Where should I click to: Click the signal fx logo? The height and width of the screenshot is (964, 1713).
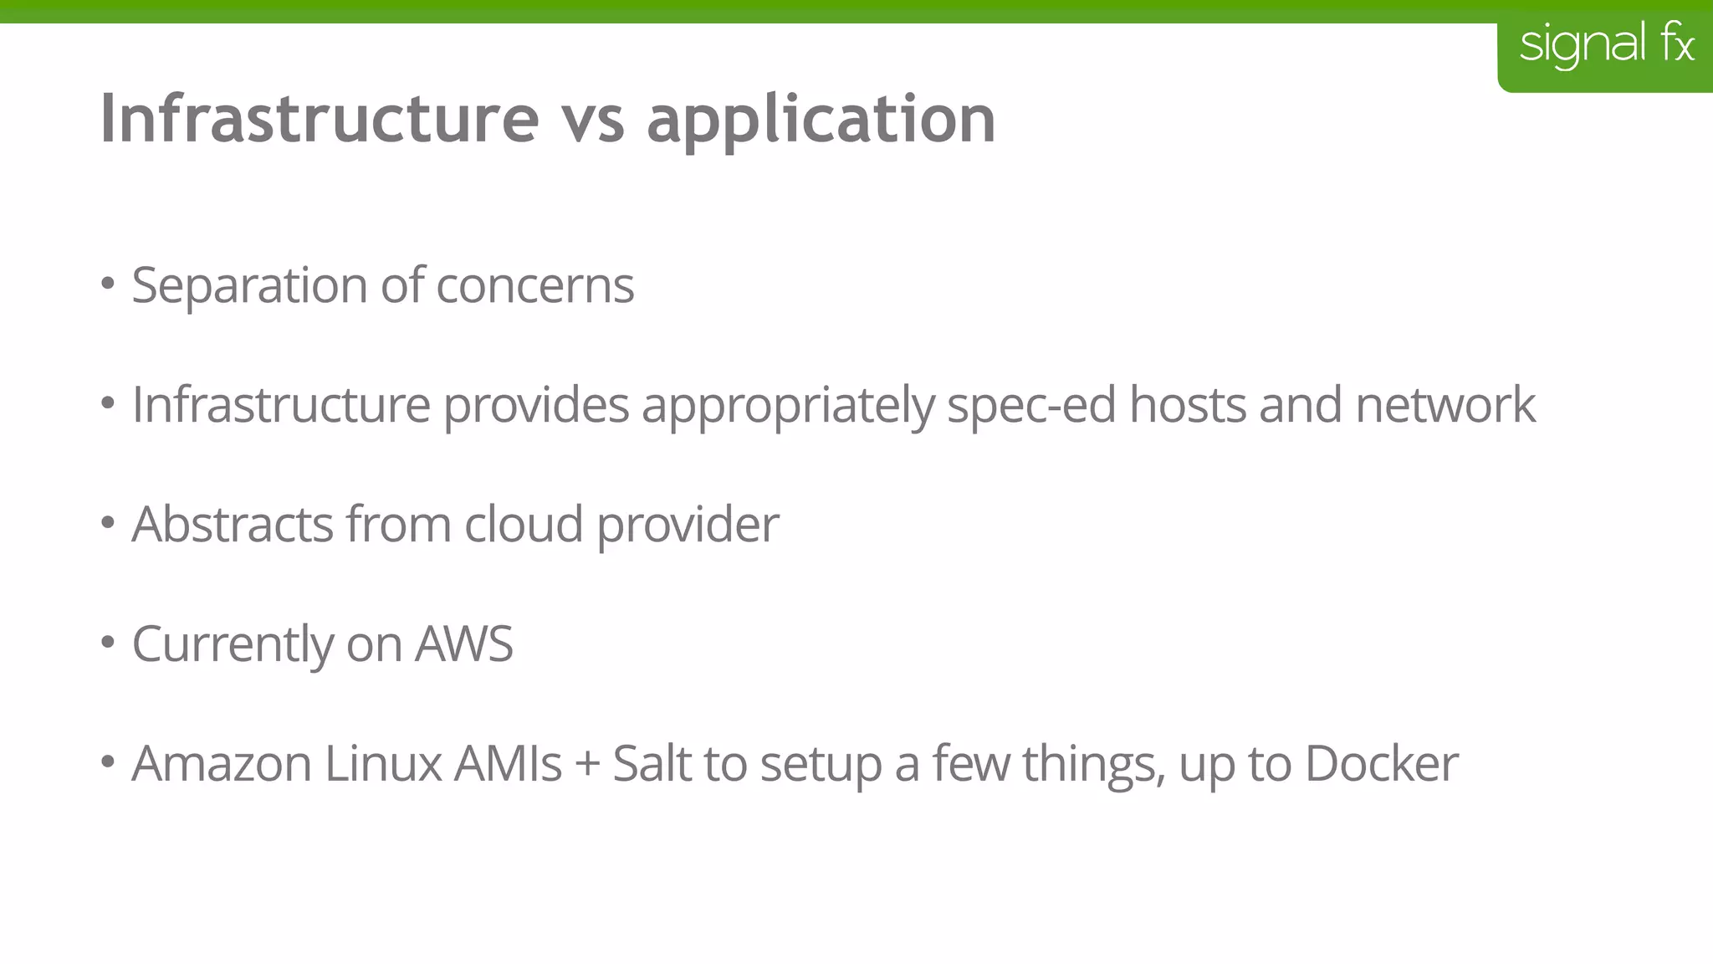coord(1606,45)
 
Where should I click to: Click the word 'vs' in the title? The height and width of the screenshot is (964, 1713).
coord(593,119)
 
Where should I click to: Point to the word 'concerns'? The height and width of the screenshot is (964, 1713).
coord(534,286)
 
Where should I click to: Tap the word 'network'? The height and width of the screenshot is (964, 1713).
coord(1445,405)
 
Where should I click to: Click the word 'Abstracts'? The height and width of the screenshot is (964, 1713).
coord(233,525)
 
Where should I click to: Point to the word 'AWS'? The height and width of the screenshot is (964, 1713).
coord(464,644)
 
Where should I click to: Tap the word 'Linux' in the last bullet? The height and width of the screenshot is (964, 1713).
coord(383,764)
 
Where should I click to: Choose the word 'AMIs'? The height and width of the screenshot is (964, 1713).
coord(508,764)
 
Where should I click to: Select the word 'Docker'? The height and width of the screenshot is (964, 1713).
coord(1381,764)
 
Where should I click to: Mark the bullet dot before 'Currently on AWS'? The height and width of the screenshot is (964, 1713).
coord(107,643)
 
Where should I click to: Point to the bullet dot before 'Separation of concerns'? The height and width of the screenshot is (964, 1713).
coord(107,284)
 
